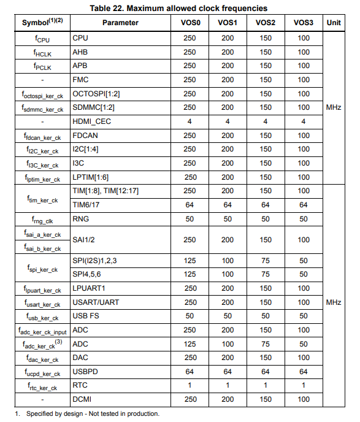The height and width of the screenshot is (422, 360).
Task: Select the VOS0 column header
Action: (189, 23)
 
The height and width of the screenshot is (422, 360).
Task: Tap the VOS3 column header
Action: (303, 23)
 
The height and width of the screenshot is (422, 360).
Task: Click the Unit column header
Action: (334, 23)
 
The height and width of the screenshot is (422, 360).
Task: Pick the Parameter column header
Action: (120, 23)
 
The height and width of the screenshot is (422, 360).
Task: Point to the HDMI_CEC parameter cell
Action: (91, 121)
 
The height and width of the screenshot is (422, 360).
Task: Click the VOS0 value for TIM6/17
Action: (189, 205)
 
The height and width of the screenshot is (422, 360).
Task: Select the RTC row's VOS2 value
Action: (266, 386)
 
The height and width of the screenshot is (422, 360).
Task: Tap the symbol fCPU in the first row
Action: (42, 39)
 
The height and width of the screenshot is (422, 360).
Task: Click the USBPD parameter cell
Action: (85, 372)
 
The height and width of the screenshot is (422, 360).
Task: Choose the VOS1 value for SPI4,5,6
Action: (228, 274)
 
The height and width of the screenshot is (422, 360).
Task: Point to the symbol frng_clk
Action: (42, 219)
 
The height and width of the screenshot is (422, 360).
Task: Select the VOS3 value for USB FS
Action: (303, 316)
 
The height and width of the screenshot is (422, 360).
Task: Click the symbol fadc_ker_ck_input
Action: (42, 331)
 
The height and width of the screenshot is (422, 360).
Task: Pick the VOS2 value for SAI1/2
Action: (266, 240)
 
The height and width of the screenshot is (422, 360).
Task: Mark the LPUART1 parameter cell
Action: (90, 288)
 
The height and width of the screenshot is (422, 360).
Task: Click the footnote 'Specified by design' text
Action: (92, 414)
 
